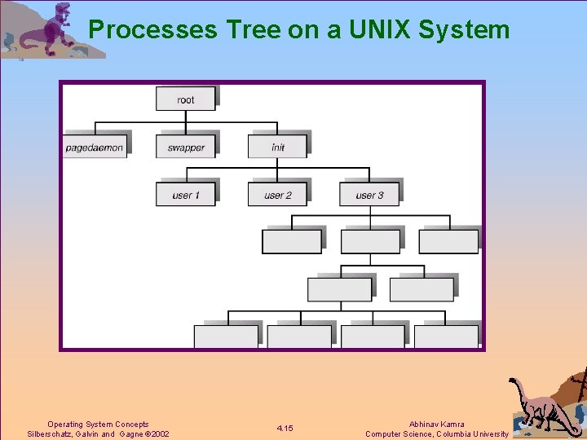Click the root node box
click(x=186, y=99)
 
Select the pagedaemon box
click(x=95, y=147)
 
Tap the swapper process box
click(x=186, y=147)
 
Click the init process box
click(x=278, y=147)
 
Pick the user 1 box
click(x=186, y=195)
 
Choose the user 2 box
click(x=278, y=195)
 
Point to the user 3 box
click(x=369, y=195)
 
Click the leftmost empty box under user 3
click(x=291, y=242)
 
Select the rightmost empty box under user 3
click(x=448, y=242)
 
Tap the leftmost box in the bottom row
click(x=226, y=337)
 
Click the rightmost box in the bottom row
click(x=446, y=337)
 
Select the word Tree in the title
click(x=252, y=30)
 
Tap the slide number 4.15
click(x=285, y=429)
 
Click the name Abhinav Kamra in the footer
click(x=436, y=425)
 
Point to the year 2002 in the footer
click(x=158, y=434)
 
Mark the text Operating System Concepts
click(x=98, y=425)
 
